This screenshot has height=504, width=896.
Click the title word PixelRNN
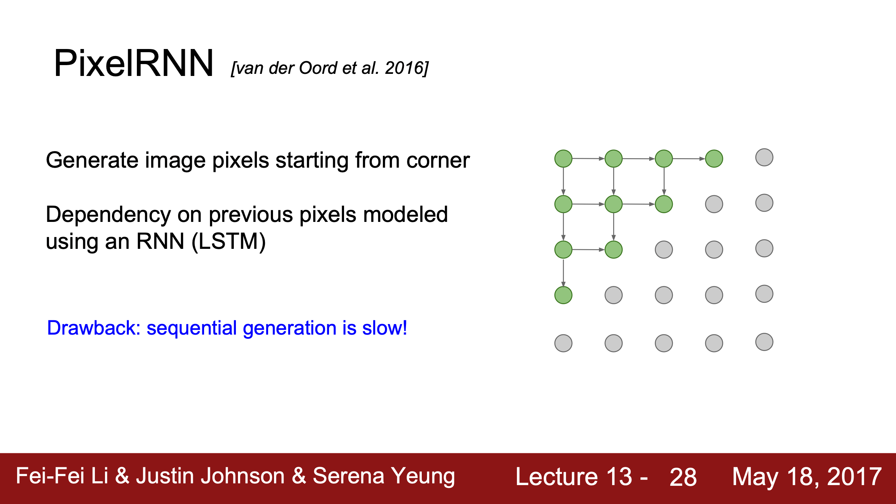click(x=133, y=63)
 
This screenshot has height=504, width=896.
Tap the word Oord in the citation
click(x=318, y=68)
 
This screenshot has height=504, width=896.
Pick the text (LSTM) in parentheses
click(x=229, y=241)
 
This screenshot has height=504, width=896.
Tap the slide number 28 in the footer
click(x=683, y=477)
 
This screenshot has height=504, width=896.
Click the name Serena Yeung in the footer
click(x=384, y=477)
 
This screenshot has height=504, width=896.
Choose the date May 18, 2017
click(x=807, y=477)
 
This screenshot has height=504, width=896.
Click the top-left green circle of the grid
click(x=563, y=159)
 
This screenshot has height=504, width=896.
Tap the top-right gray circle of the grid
click(x=764, y=157)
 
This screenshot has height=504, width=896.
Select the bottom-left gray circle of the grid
click(x=563, y=343)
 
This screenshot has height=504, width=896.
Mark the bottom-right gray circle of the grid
click(x=764, y=342)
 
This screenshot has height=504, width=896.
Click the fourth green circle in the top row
click(x=714, y=159)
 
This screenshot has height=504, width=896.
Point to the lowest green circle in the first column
click(x=563, y=295)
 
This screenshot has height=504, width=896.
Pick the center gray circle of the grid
click(x=664, y=250)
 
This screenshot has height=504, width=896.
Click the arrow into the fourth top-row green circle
click(x=689, y=159)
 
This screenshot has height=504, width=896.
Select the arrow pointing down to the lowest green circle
click(x=563, y=273)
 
